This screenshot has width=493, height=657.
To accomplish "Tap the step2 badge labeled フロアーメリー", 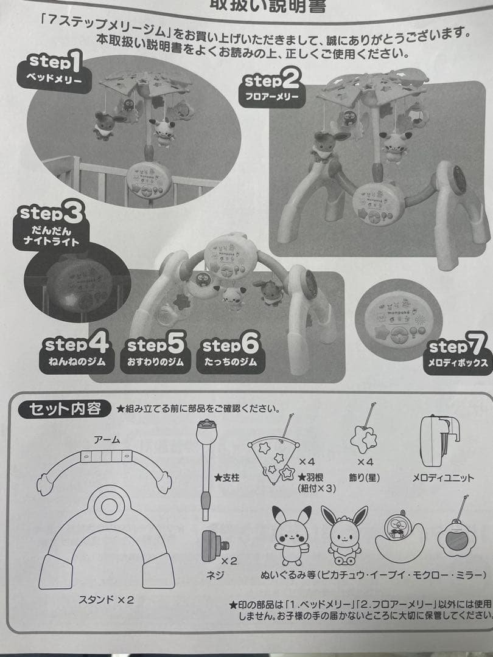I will coord(271,88).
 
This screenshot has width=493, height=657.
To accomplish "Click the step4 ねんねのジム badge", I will coord(75,353).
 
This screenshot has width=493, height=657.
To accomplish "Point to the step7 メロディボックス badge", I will coord(458,355).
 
